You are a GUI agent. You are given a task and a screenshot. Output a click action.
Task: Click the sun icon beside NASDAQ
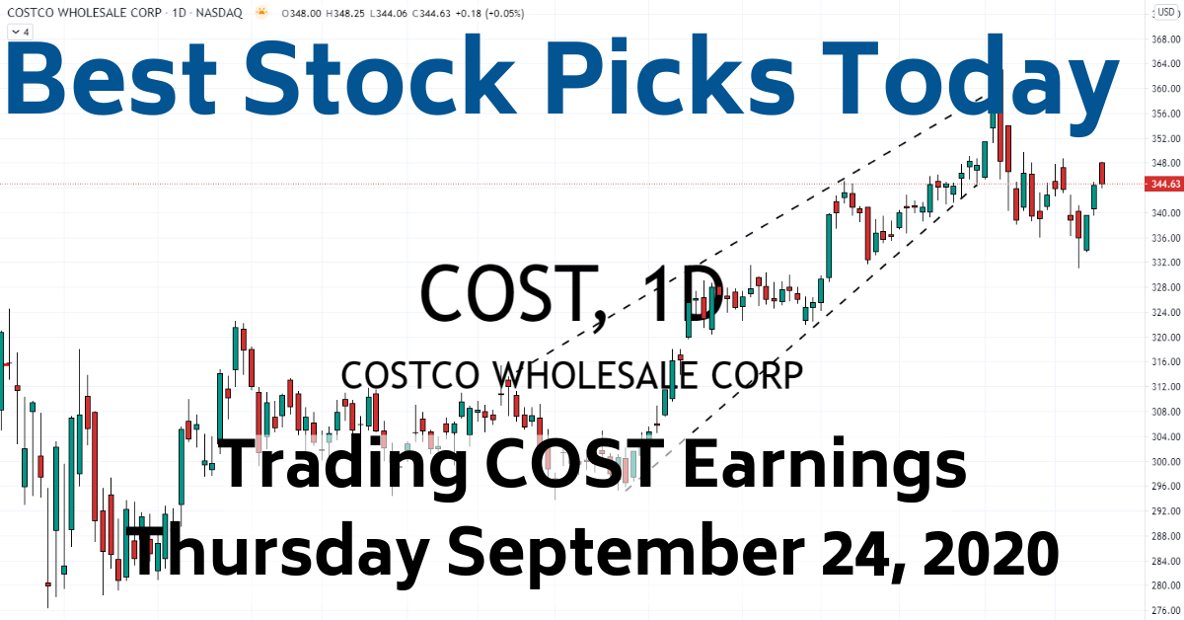[x=260, y=14]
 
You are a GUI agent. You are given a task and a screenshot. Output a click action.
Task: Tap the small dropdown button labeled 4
[x=21, y=32]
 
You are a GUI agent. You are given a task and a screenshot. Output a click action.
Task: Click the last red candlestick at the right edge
[x=1102, y=173]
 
